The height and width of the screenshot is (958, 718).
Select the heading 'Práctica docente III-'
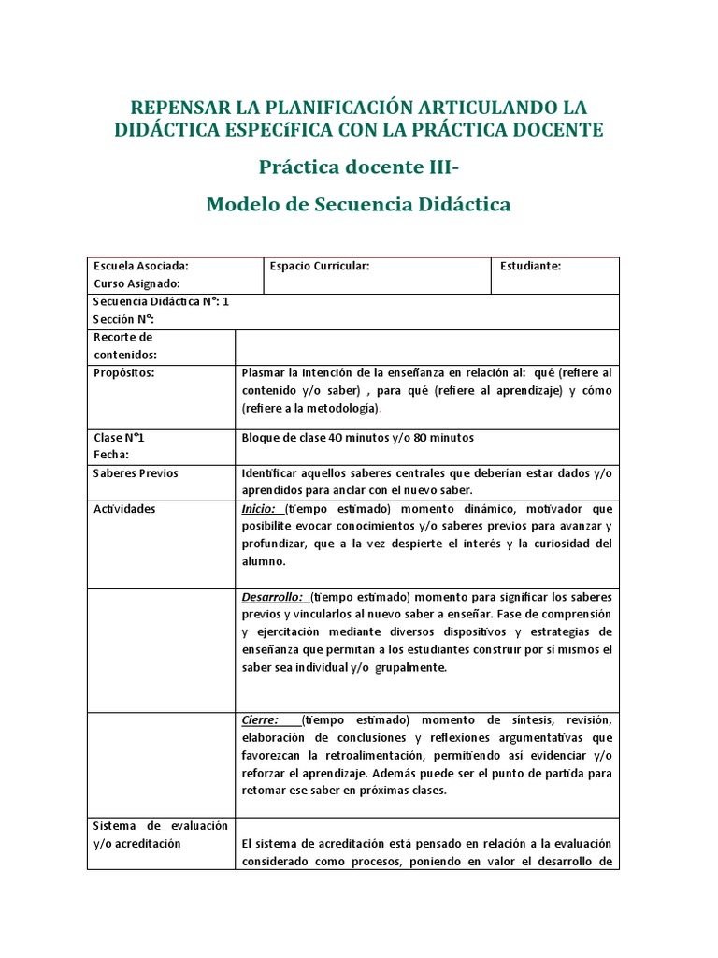(359, 167)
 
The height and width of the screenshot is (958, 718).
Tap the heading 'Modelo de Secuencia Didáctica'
(359, 203)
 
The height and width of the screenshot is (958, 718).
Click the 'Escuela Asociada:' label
(140, 266)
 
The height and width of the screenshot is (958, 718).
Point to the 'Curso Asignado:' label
(136, 283)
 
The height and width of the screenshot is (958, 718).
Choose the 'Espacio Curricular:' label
(320, 266)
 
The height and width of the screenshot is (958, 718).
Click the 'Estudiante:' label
(530, 266)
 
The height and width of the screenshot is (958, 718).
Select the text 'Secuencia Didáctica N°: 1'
(161, 301)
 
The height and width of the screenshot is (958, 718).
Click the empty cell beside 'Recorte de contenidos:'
(426, 346)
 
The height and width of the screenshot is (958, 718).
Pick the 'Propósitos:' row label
(123, 372)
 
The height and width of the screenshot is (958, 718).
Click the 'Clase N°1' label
(120, 437)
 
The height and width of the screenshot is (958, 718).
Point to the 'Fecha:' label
(110, 455)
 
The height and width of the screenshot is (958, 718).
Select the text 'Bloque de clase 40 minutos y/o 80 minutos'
(358, 437)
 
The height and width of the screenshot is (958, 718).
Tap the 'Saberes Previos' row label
(136, 473)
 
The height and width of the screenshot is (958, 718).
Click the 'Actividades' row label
(124, 509)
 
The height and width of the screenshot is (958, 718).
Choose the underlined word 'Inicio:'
(259, 509)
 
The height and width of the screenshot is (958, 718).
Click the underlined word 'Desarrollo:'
(272, 596)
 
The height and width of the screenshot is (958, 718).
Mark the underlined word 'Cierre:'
(261, 719)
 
